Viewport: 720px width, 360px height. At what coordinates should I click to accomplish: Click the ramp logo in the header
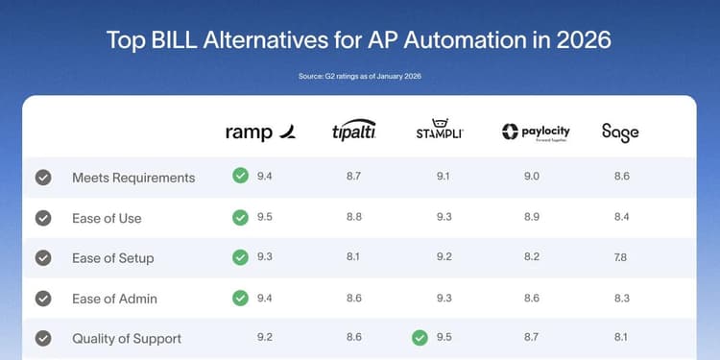coord(260,132)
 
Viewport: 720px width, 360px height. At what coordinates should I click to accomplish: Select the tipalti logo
coord(353,132)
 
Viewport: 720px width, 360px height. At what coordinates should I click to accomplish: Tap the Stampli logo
coord(440,131)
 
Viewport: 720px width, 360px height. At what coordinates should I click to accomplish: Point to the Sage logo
coord(620,132)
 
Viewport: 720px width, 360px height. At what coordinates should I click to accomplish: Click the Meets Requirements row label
coord(133,178)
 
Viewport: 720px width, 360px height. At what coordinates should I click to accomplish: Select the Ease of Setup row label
coord(112,258)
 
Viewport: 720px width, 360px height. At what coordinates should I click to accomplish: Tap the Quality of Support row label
coord(127,339)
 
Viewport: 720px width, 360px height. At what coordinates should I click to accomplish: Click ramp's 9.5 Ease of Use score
coord(265,218)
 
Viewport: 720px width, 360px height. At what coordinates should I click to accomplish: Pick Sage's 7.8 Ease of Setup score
coord(620,258)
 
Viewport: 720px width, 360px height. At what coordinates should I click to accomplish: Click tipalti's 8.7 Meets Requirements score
coord(353,178)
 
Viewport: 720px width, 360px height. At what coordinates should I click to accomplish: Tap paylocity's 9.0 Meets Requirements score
coord(532,178)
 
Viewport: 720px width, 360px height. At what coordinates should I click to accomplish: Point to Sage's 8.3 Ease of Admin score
coord(620,299)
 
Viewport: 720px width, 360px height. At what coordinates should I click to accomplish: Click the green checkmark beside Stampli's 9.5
coord(419,338)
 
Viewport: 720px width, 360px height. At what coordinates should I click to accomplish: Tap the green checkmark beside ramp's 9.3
coord(240,257)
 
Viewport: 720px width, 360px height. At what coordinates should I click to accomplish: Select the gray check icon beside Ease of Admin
coord(43,299)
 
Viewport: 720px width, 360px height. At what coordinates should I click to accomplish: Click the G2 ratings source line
coord(360,76)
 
